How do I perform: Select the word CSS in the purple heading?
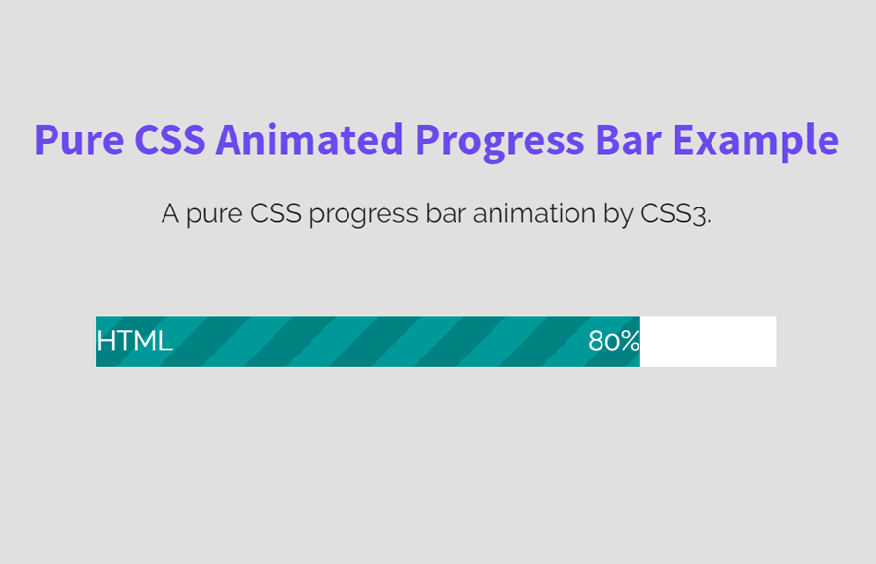169,140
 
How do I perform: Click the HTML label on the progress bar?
134,342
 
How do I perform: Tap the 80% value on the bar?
613,342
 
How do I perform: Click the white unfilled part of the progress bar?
708,342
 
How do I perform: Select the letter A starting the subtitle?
170,214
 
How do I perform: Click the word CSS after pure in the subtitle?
276,214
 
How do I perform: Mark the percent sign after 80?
630,342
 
